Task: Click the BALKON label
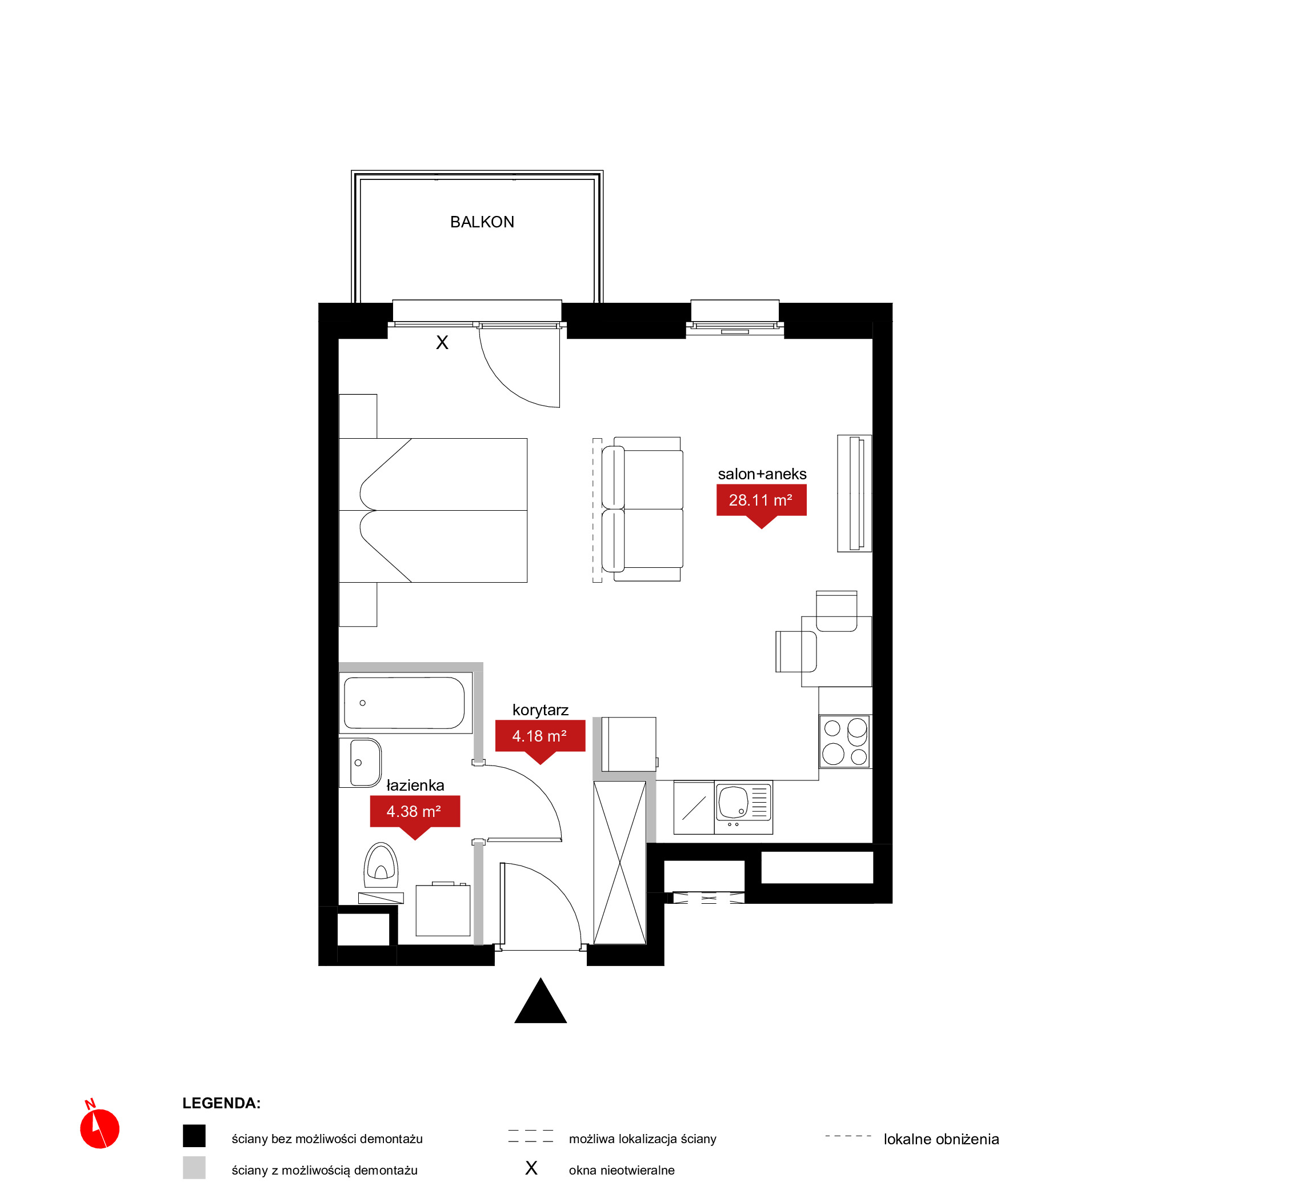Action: [482, 222]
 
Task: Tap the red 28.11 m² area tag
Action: [761, 503]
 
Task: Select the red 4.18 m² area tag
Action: [540, 739]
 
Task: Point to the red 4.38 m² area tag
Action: [415, 815]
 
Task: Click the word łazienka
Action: [415, 786]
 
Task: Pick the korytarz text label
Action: [541, 710]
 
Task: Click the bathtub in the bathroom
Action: [405, 703]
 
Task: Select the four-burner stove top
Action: [844, 741]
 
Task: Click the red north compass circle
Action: [100, 1129]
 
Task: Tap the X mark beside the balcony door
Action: [442, 343]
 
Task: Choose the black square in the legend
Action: [194, 1136]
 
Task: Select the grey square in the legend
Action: [194, 1168]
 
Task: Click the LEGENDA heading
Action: [222, 1103]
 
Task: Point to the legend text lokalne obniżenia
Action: [941, 1139]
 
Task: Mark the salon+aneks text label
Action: [762, 474]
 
